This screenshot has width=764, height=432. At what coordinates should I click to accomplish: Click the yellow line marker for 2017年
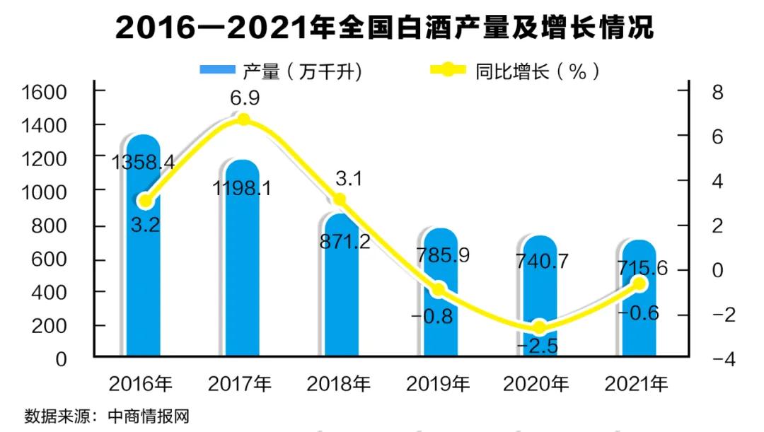pyautogui.click(x=243, y=119)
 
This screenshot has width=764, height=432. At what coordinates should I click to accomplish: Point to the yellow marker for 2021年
pyautogui.click(x=639, y=284)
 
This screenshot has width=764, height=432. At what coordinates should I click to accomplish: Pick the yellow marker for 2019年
pyautogui.click(x=439, y=289)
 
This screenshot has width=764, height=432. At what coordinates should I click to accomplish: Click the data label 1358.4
pyautogui.click(x=144, y=163)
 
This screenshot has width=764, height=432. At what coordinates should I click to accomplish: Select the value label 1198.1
pyautogui.click(x=243, y=189)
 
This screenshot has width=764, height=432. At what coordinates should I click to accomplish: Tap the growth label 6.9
pyautogui.click(x=243, y=98)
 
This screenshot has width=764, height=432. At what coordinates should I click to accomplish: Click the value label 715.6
pyautogui.click(x=639, y=270)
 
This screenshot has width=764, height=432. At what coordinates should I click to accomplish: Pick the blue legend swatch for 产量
pyautogui.click(x=217, y=70)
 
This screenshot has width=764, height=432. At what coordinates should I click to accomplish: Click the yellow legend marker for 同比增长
pyautogui.click(x=448, y=70)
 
